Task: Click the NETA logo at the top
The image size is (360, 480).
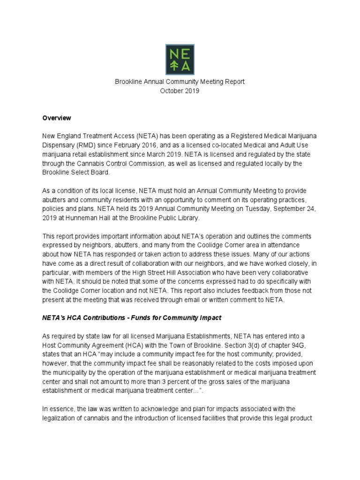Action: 180,60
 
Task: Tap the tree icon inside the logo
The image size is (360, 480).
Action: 173,66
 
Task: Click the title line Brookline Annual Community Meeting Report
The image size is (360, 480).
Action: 180,82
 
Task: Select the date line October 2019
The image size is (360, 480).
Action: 180,91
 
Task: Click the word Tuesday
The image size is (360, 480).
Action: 256,209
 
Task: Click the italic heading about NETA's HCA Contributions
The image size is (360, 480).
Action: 132,318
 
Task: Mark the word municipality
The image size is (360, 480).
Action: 62,372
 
